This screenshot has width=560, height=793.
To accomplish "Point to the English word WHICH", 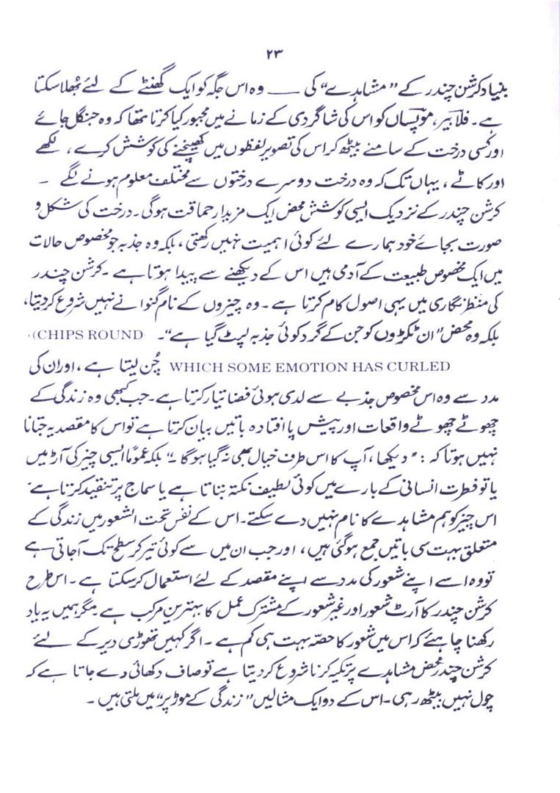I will [x=192, y=364].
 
